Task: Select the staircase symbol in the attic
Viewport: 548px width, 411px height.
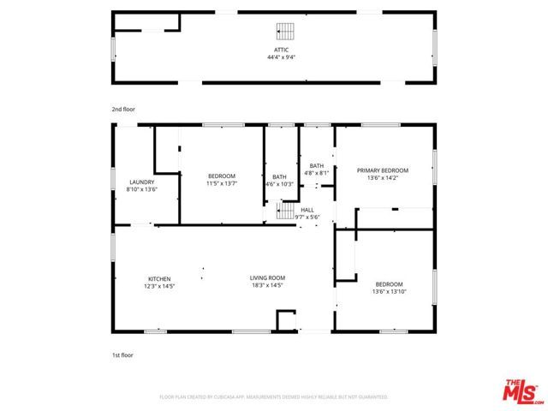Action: pyautogui.click(x=283, y=31)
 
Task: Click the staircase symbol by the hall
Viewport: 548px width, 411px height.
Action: pyautogui.click(x=285, y=211)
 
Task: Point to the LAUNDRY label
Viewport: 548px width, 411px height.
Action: pyautogui.click(x=141, y=182)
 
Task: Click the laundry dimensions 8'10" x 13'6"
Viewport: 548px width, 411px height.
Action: pyautogui.click(x=141, y=188)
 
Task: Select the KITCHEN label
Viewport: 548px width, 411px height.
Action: pyautogui.click(x=159, y=278)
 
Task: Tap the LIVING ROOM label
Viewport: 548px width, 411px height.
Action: pyautogui.click(x=267, y=278)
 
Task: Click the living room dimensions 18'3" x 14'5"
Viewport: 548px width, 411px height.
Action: pyautogui.click(x=267, y=285)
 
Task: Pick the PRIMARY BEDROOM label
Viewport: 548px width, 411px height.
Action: pyautogui.click(x=383, y=170)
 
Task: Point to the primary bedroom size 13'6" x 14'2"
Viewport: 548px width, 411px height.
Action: pyautogui.click(x=383, y=177)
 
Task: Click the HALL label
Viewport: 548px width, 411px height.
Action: pyautogui.click(x=307, y=210)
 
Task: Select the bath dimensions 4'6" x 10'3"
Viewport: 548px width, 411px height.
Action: pyautogui.click(x=279, y=183)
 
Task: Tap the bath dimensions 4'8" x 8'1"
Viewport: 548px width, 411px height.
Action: pyautogui.click(x=317, y=173)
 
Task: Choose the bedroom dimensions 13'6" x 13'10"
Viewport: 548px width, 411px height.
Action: pyautogui.click(x=389, y=291)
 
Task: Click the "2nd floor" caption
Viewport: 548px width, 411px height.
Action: pyautogui.click(x=123, y=110)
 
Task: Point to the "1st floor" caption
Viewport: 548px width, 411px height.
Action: pyautogui.click(x=123, y=354)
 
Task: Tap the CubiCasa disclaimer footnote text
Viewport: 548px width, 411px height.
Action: pyautogui.click(x=274, y=397)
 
